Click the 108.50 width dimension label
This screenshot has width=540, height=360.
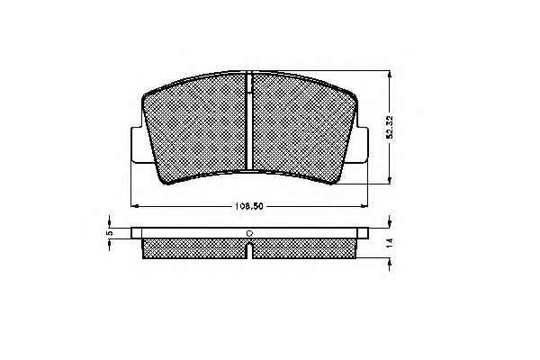click(x=249, y=206)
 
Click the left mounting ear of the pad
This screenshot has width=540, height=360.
click(x=138, y=143)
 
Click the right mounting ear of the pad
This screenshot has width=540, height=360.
click(x=361, y=143)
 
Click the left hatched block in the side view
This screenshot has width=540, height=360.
click(x=193, y=247)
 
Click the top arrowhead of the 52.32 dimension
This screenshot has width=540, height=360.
click(x=388, y=71)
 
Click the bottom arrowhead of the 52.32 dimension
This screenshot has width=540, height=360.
click(x=388, y=182)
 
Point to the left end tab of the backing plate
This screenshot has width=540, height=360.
click(x=137, y=232)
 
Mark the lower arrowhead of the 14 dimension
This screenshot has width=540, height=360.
click(x=388, y=259)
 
